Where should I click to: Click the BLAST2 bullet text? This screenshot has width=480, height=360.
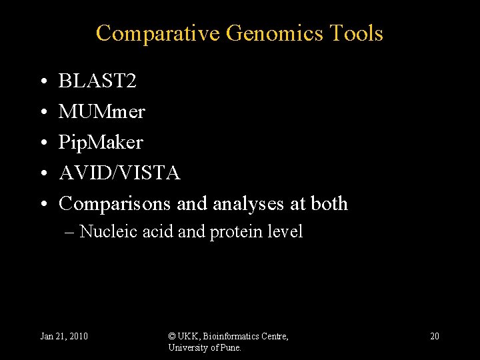pos(97,81)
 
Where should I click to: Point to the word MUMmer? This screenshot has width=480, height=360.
pos(101,111)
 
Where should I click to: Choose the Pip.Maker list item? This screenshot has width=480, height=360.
pos(101,142)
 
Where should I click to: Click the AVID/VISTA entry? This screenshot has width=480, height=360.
pos(119,173)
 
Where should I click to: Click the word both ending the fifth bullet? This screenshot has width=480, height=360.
pos(329,203)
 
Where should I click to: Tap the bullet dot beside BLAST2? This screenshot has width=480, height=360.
pos(43,82)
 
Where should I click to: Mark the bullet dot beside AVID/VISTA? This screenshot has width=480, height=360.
pos(43,173)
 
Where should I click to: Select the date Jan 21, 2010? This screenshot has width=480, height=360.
pos(64,336)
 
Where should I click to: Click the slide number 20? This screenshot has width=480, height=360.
pos(434,336)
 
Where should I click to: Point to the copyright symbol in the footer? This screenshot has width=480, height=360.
pos(172,336)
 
